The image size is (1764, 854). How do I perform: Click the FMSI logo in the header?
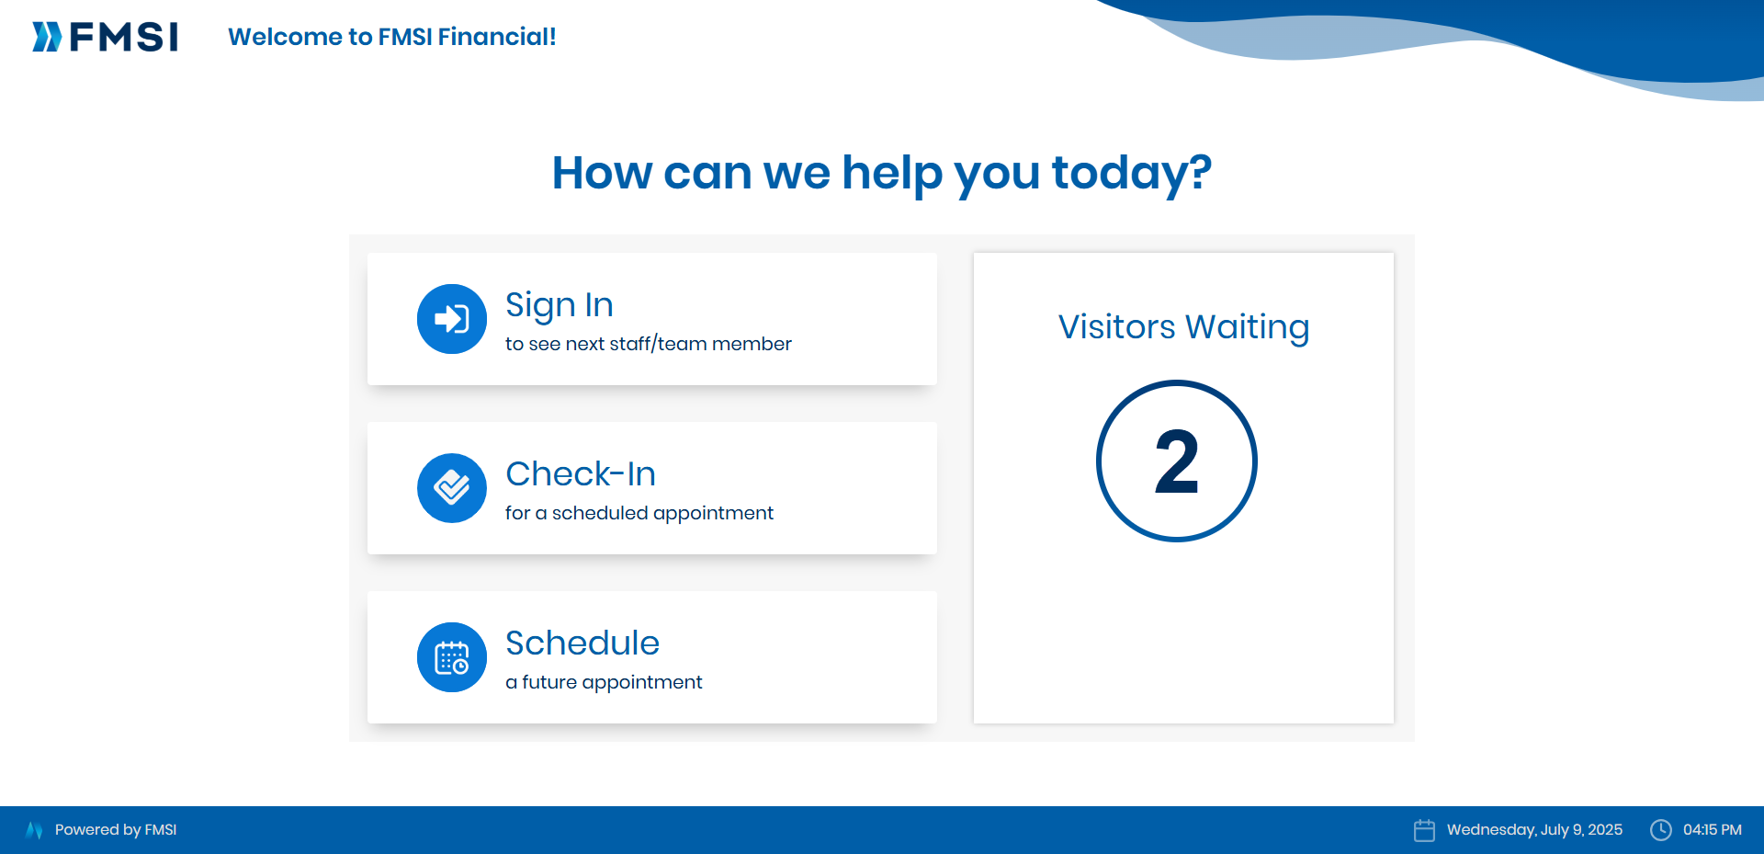[x=105, y=37]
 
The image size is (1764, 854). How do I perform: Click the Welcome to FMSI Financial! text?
[x=392, y=37]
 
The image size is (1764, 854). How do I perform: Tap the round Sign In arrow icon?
[x=452, y=319]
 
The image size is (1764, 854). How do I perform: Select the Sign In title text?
[x=560, y=305]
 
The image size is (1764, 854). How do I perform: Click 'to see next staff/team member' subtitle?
[x=649, y=344]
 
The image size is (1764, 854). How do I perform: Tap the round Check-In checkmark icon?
[x=452, y=488]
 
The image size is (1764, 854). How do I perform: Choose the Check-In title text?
[x=581, y=473]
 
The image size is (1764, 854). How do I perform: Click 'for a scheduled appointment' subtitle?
[x=639, y=513]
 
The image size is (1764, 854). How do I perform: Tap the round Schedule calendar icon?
[x=452, y=657]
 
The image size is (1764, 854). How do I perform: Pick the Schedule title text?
[x=582, y=643]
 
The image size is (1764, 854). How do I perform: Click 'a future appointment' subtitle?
[x=604, y=682]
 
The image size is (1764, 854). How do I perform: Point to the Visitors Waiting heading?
[x=1183, y=327]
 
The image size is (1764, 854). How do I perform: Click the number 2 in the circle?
[x=1177, y=461]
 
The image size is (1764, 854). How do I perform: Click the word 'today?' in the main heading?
[x=1132, y=173]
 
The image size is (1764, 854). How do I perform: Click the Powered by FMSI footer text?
[x=116, y=830]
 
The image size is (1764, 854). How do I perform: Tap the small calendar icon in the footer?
[x=1424, y=830]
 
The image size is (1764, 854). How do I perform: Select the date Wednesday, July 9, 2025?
[x=1534, y=830]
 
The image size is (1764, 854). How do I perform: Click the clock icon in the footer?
[x=1661, y=830]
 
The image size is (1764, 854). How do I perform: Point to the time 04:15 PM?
[x=1713, y=830]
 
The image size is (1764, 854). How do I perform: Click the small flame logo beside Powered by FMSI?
[x=34, y=830]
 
